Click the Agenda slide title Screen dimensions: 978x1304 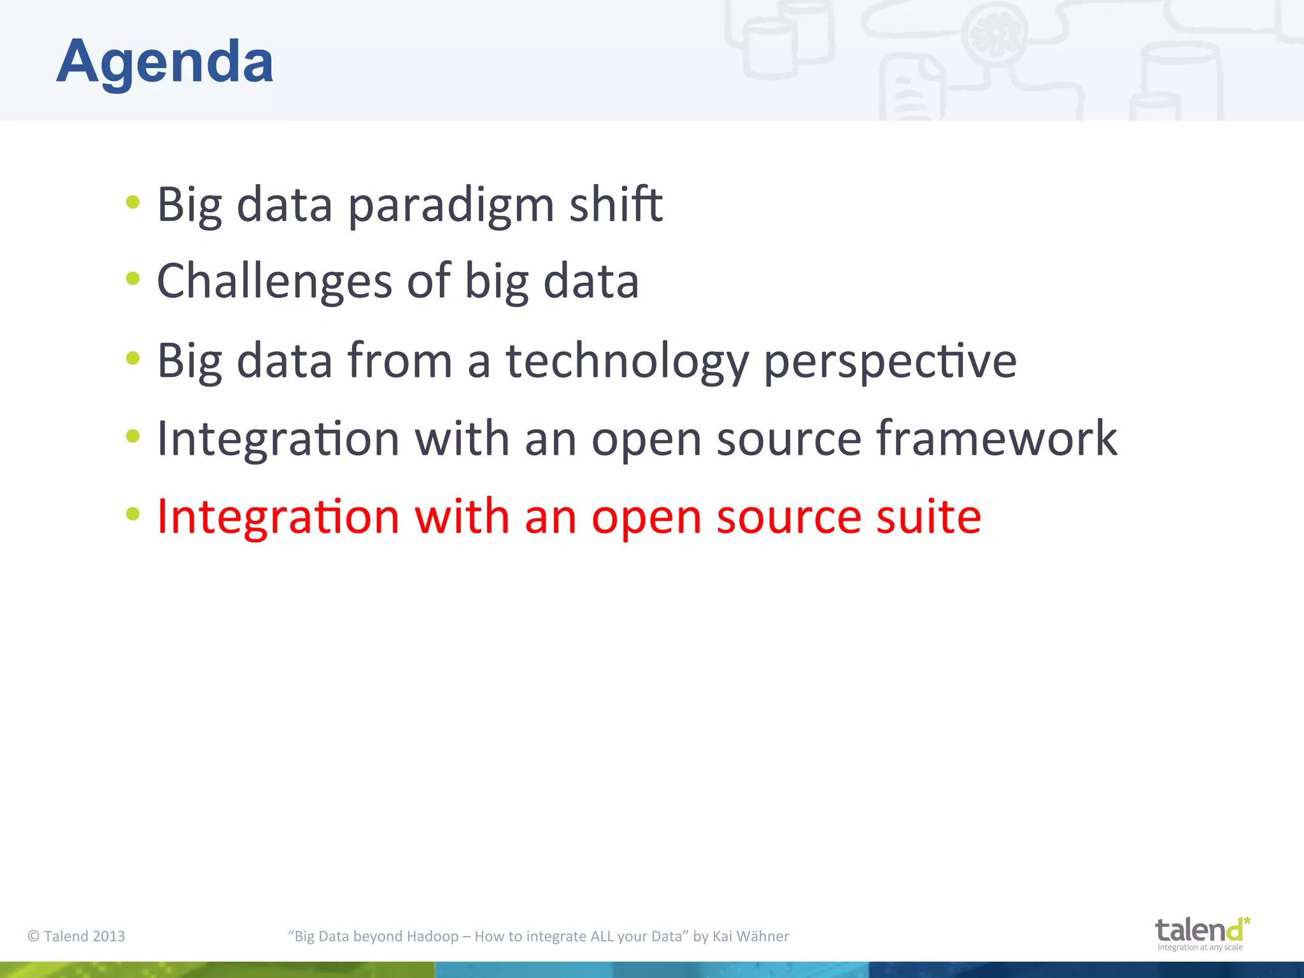click(165, 62)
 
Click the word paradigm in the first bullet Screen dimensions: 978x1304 click(451, 205)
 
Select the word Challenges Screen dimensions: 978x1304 click(274, 281)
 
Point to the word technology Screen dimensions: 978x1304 click(627, 362)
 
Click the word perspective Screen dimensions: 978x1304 click(889, 362)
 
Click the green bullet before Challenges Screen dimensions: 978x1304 click(132, 278)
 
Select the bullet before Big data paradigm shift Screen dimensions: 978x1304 click(132, 202)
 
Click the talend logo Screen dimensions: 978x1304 click(1201, 933)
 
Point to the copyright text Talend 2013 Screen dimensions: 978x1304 click(76, 936)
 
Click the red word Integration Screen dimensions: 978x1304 click(278, 516)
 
